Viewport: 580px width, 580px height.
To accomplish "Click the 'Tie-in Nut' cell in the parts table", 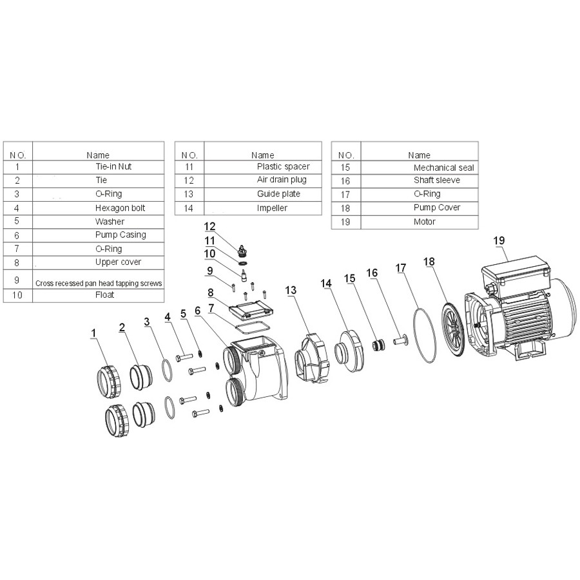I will (x=113, y=166).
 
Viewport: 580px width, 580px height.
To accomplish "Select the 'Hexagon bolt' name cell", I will (x=120, y=208).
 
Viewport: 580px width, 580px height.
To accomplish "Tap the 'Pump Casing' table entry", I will (x=120, y=235).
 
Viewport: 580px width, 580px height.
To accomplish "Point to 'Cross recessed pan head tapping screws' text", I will (x=98, y=283).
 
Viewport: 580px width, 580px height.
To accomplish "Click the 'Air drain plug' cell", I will (x=282, y=180).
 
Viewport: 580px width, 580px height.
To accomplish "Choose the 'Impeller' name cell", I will (x=272, y=208).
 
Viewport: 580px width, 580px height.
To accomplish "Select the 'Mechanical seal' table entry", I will (x=443, y=167).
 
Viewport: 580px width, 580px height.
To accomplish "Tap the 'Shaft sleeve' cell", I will (x=436, y=180).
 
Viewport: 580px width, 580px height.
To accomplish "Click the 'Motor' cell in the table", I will (x=424, y=222).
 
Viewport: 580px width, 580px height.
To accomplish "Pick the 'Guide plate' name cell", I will (x=278, y=193).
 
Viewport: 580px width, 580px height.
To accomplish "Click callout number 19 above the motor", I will (x=499, y=240).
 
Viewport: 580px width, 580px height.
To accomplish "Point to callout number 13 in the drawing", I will (x=291, y=291).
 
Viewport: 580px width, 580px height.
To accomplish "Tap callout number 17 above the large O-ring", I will (x=402, y=267).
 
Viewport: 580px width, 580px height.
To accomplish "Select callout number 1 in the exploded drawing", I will (x=94, y=333).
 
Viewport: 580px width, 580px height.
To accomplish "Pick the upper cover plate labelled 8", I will (x=248, y=310).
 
